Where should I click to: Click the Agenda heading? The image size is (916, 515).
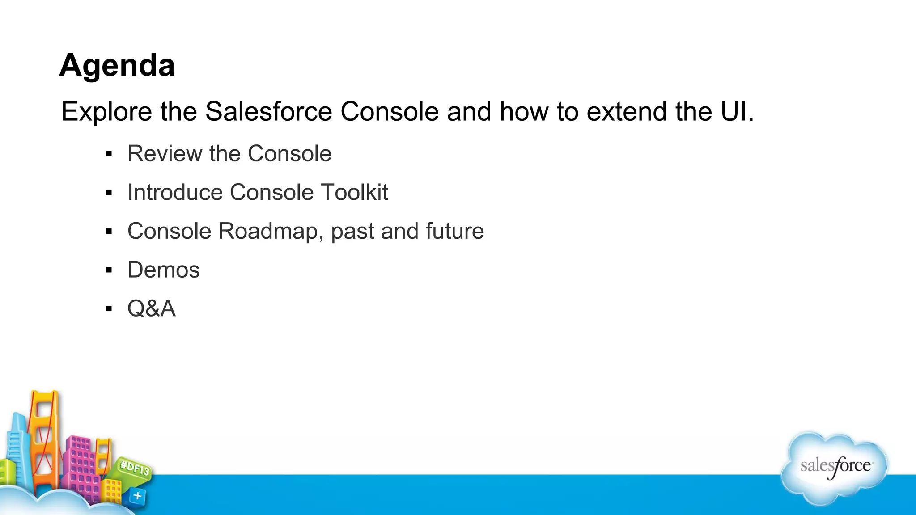pos(117,65)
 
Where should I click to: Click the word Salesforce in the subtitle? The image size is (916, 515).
pos(268,111)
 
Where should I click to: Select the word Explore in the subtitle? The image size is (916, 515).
pos(106,111)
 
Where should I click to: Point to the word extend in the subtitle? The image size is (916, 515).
pos(626,111)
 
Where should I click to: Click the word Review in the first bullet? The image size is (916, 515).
pos(164,154)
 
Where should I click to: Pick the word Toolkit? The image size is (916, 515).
pos(354,192)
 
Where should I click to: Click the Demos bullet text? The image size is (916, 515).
pos(163,270)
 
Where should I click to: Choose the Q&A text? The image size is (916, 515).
pos(151,308)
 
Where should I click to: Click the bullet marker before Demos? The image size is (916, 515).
pos(109,270)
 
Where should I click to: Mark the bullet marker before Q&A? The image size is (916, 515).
pos(109,308)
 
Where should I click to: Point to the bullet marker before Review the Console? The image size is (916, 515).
pos(109,154)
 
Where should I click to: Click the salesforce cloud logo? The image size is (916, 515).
pos(835,467)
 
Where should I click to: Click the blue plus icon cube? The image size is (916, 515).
pos(137,496)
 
